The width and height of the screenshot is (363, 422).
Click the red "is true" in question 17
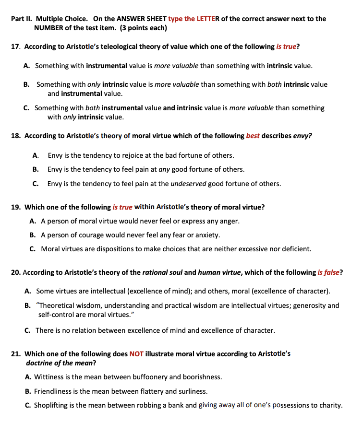tap(286, 47)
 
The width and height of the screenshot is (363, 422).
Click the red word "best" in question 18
tap(253, 136)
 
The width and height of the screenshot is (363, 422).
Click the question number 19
tap(16, 207)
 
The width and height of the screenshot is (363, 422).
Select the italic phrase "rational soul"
tap(162, 272)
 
